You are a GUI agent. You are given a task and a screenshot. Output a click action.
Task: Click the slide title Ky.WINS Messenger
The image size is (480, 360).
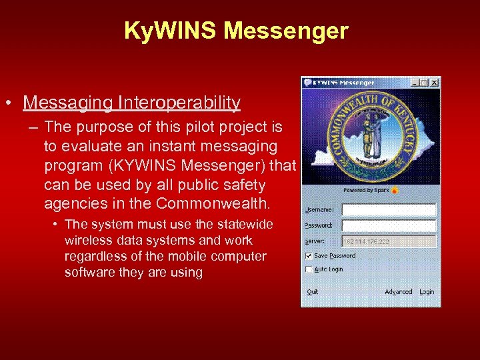236,31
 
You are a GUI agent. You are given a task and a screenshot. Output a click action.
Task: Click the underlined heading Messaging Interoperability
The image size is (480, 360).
131,102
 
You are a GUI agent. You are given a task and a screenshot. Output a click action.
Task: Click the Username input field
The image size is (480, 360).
389,209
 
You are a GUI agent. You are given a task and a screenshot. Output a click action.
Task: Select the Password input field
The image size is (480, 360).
389,225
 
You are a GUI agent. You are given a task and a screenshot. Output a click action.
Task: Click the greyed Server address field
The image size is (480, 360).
389,241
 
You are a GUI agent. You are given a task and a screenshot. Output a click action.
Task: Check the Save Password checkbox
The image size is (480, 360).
309,255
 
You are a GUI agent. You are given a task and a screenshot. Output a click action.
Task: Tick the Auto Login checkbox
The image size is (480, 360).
309,269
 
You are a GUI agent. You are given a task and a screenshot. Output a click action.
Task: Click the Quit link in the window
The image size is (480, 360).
312,292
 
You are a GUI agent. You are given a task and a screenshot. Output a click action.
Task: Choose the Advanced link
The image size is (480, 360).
398,292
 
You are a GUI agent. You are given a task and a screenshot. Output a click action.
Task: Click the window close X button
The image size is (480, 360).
435,83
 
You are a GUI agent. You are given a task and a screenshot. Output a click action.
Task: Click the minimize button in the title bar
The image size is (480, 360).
415,83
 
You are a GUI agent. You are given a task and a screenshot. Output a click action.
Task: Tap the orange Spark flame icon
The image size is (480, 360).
395,190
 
